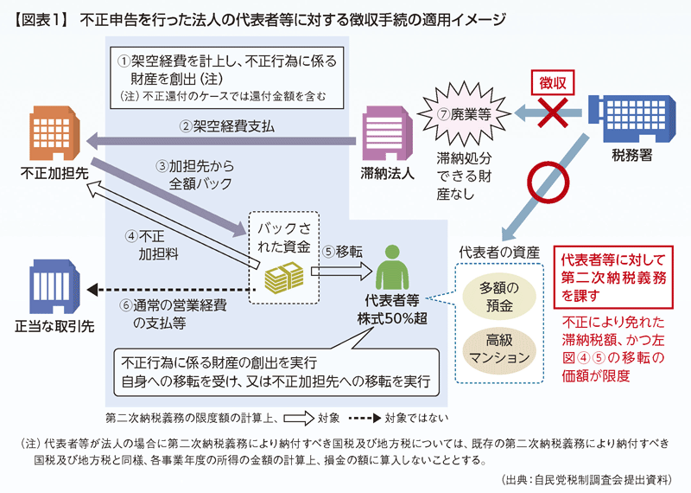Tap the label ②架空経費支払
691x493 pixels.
[226, 126]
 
